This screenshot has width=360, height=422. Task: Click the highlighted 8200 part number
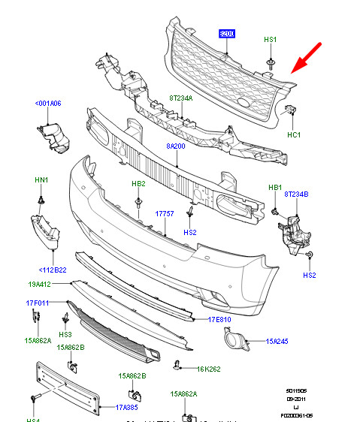tap(226, 34)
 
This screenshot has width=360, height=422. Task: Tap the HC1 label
tap(294, 134)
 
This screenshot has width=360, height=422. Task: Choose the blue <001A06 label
tap(47, 104)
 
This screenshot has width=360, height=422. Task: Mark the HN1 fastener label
tap(41, 181)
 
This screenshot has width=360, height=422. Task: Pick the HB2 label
tap(139, 183)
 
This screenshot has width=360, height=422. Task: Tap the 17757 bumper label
tap(165, 213)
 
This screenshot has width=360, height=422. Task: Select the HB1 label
tap(274, 187)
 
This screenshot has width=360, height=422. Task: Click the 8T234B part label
tap(297, 194)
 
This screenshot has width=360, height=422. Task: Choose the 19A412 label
tap(39, 285)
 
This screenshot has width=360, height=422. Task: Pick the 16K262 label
tap(207, 368)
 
